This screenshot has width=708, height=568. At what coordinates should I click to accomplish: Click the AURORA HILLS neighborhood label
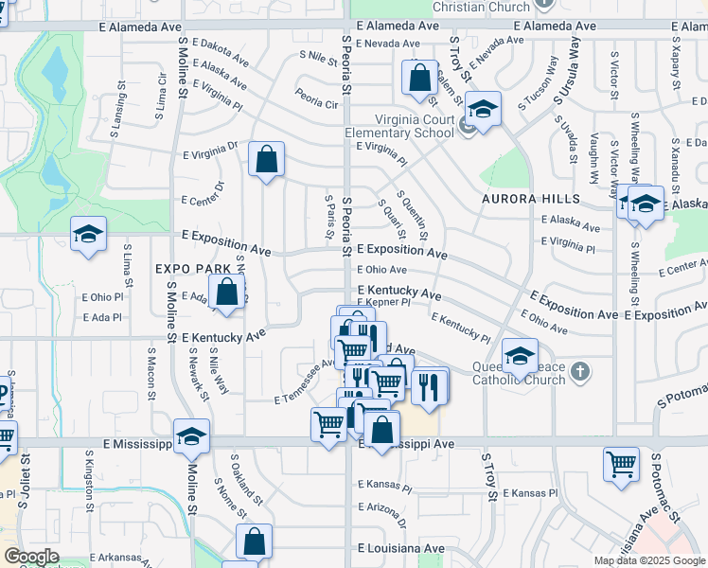tap(530, 199)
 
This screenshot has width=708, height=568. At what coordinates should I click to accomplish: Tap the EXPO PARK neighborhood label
tap(194, 269)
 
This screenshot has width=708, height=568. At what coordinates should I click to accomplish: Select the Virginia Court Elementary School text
tap(400, 126)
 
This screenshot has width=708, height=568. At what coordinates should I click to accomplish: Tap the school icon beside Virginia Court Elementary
tap(482, 111)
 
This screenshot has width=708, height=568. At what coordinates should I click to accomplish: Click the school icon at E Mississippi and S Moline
tap(191, 437)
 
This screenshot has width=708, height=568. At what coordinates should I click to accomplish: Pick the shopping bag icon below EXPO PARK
tap(226, 293)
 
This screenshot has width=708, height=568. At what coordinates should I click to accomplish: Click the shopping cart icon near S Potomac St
tap(621, 465)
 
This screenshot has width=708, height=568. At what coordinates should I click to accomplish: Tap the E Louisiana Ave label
tap(401, 548)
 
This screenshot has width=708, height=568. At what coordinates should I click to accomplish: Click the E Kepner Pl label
tap(382, 303)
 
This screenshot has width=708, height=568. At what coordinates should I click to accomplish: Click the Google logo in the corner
tap(32, 557)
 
